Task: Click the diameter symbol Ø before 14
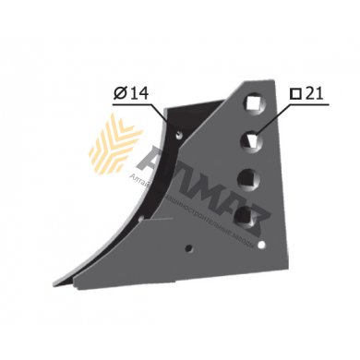[x=119, y=93]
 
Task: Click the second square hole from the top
[x=250, y=140]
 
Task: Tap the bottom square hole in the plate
[x=244, y=214]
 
